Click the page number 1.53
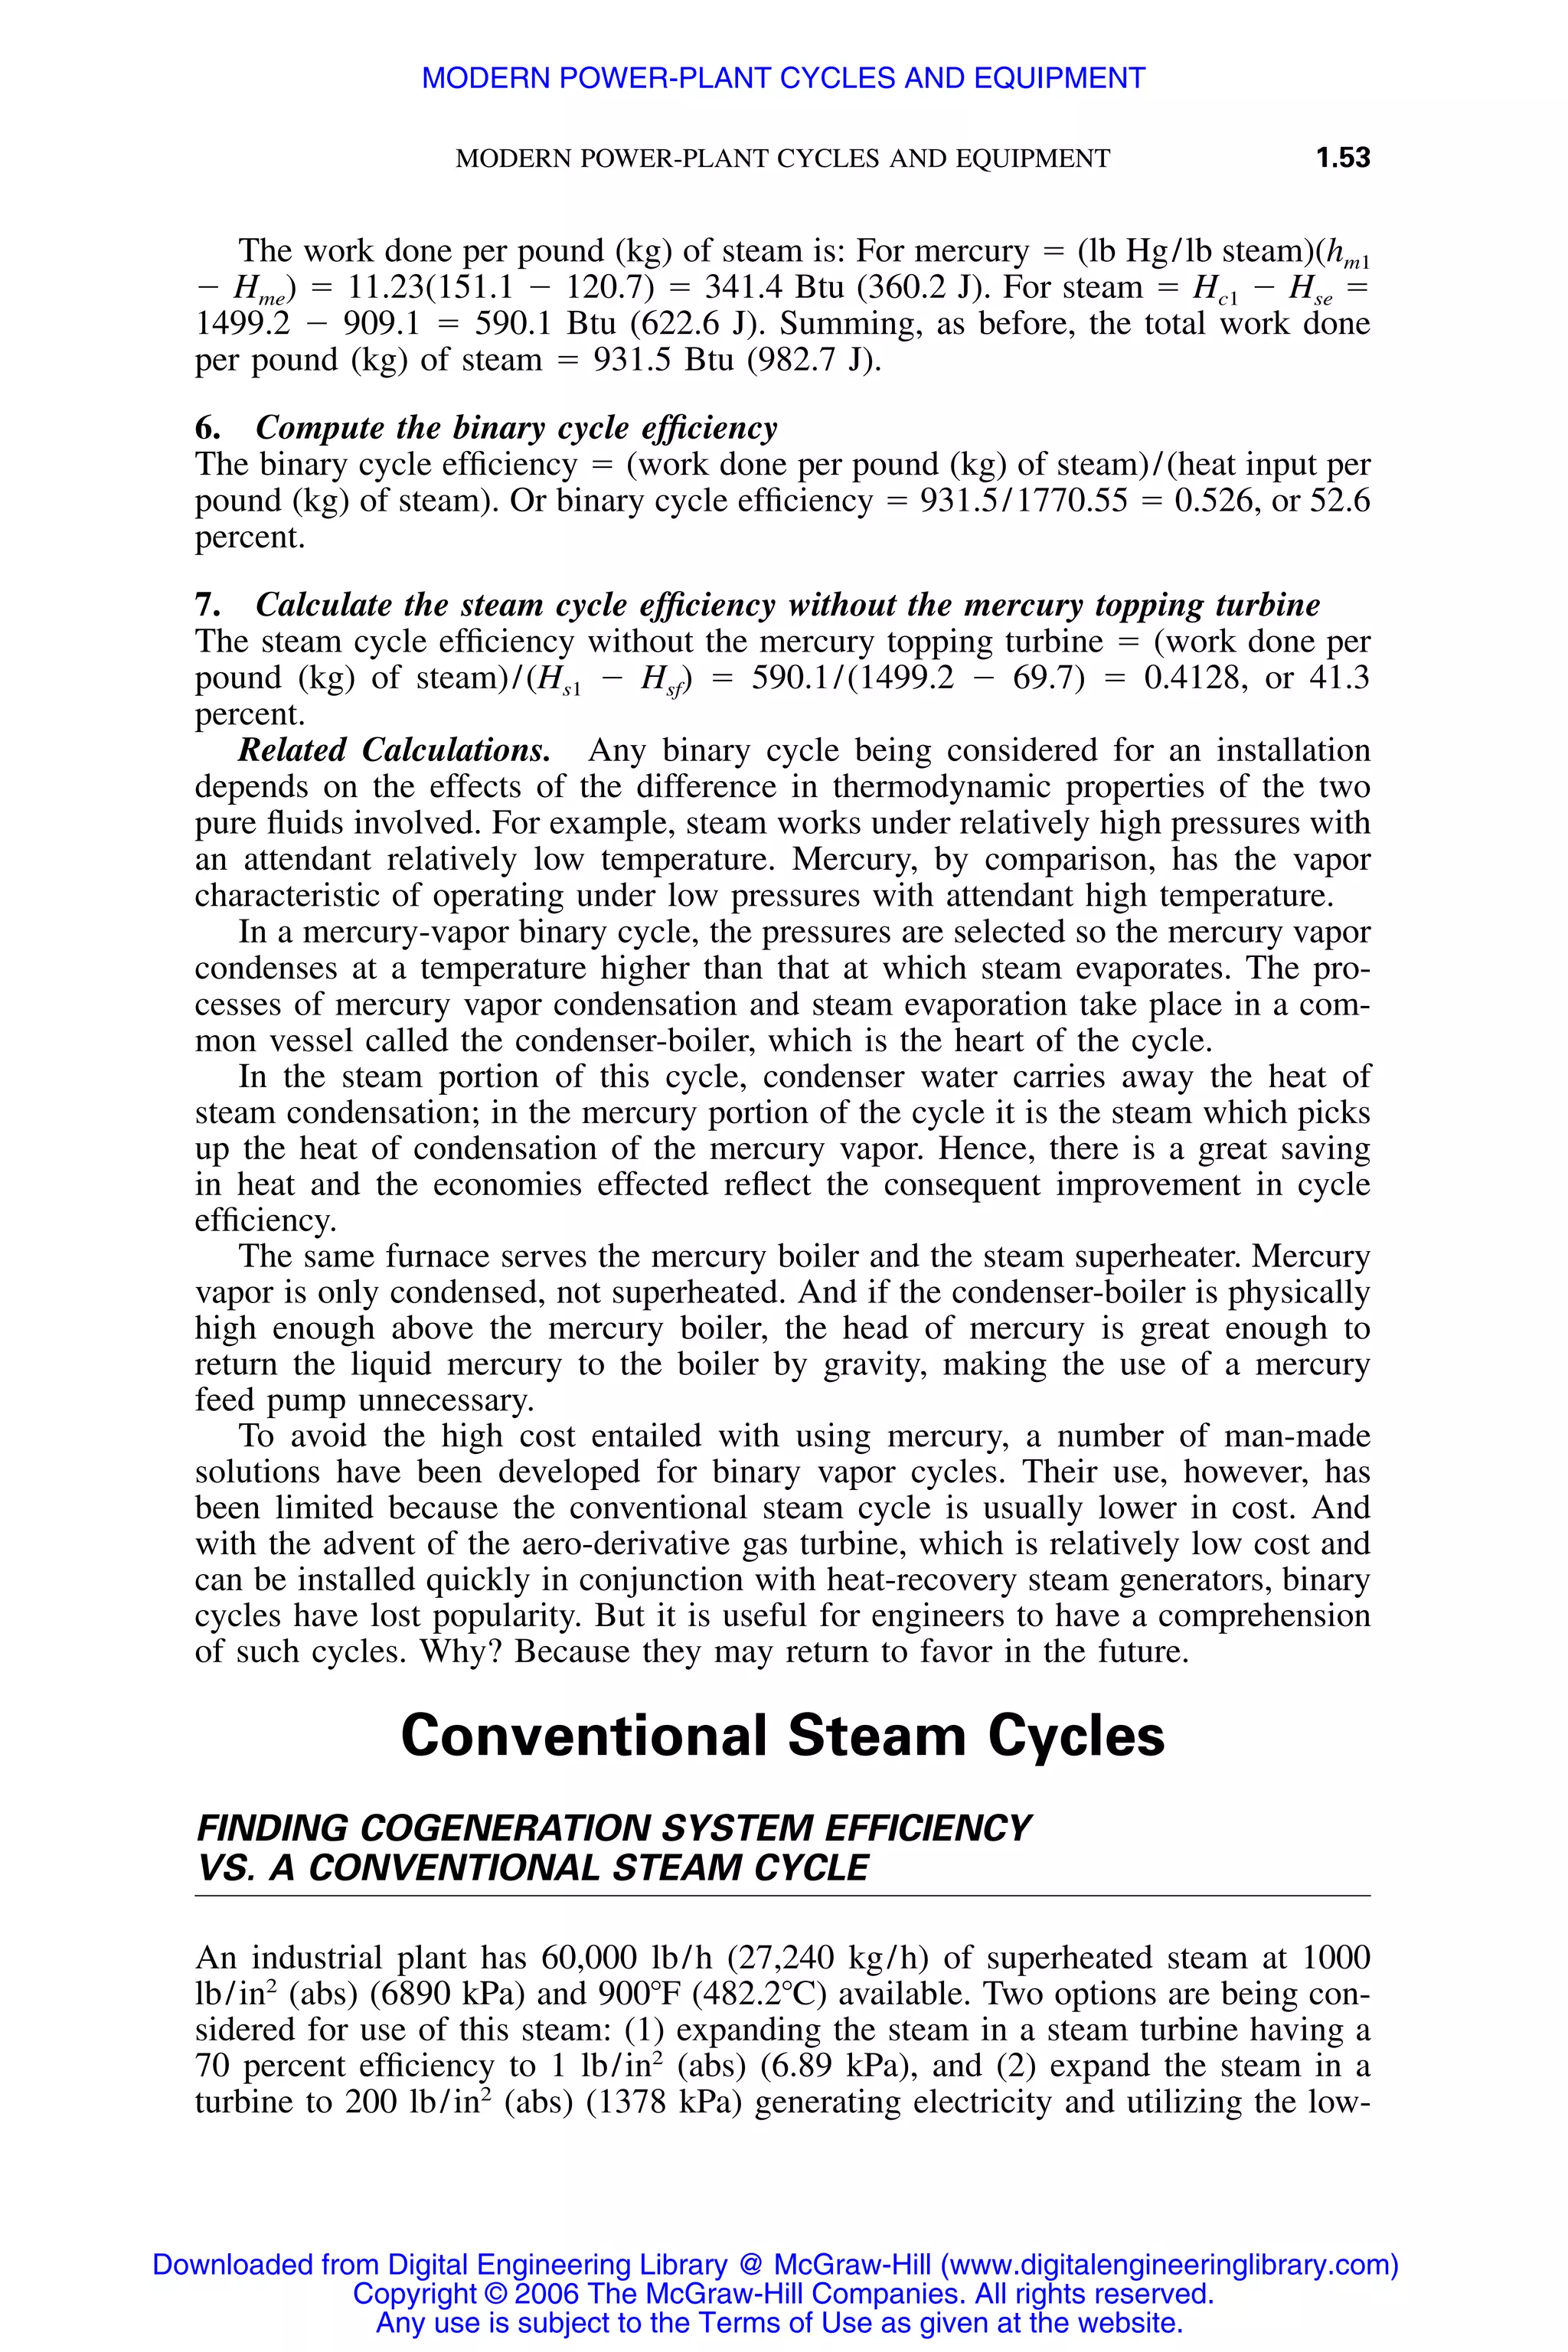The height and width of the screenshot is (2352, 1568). pos(1342,158)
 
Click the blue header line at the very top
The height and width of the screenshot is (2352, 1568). pos(783,78)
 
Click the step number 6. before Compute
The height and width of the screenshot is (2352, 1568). pos(207,428)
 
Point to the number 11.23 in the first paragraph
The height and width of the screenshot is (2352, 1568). pos(385,288)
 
